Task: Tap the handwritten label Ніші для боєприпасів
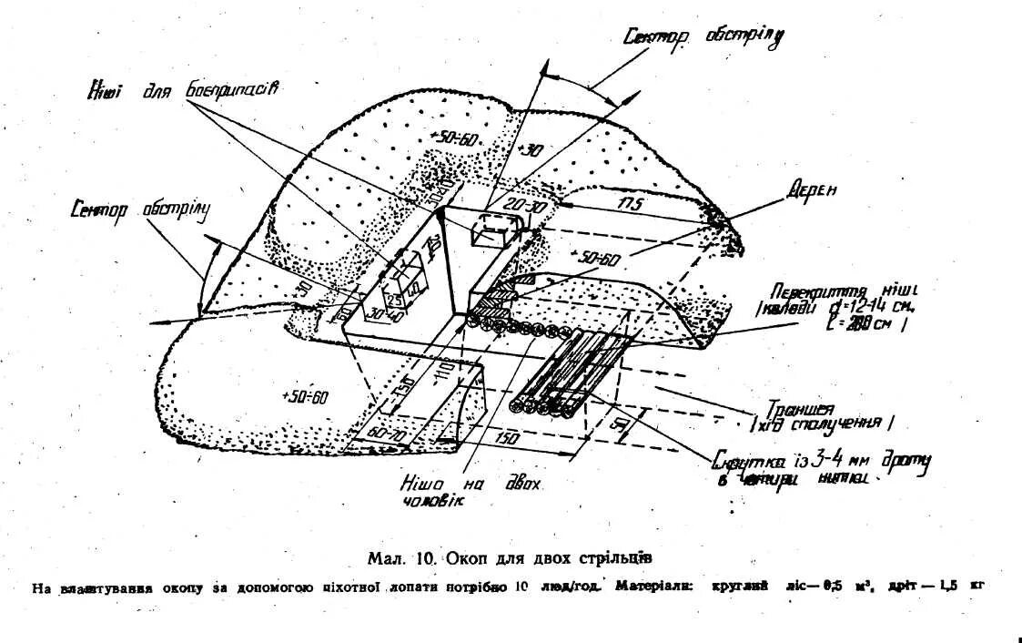[x=182, y=90]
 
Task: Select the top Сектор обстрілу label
[x=703, y=36]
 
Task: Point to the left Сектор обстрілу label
[x=140, y=209]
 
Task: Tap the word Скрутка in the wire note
[x=743, y=460]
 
